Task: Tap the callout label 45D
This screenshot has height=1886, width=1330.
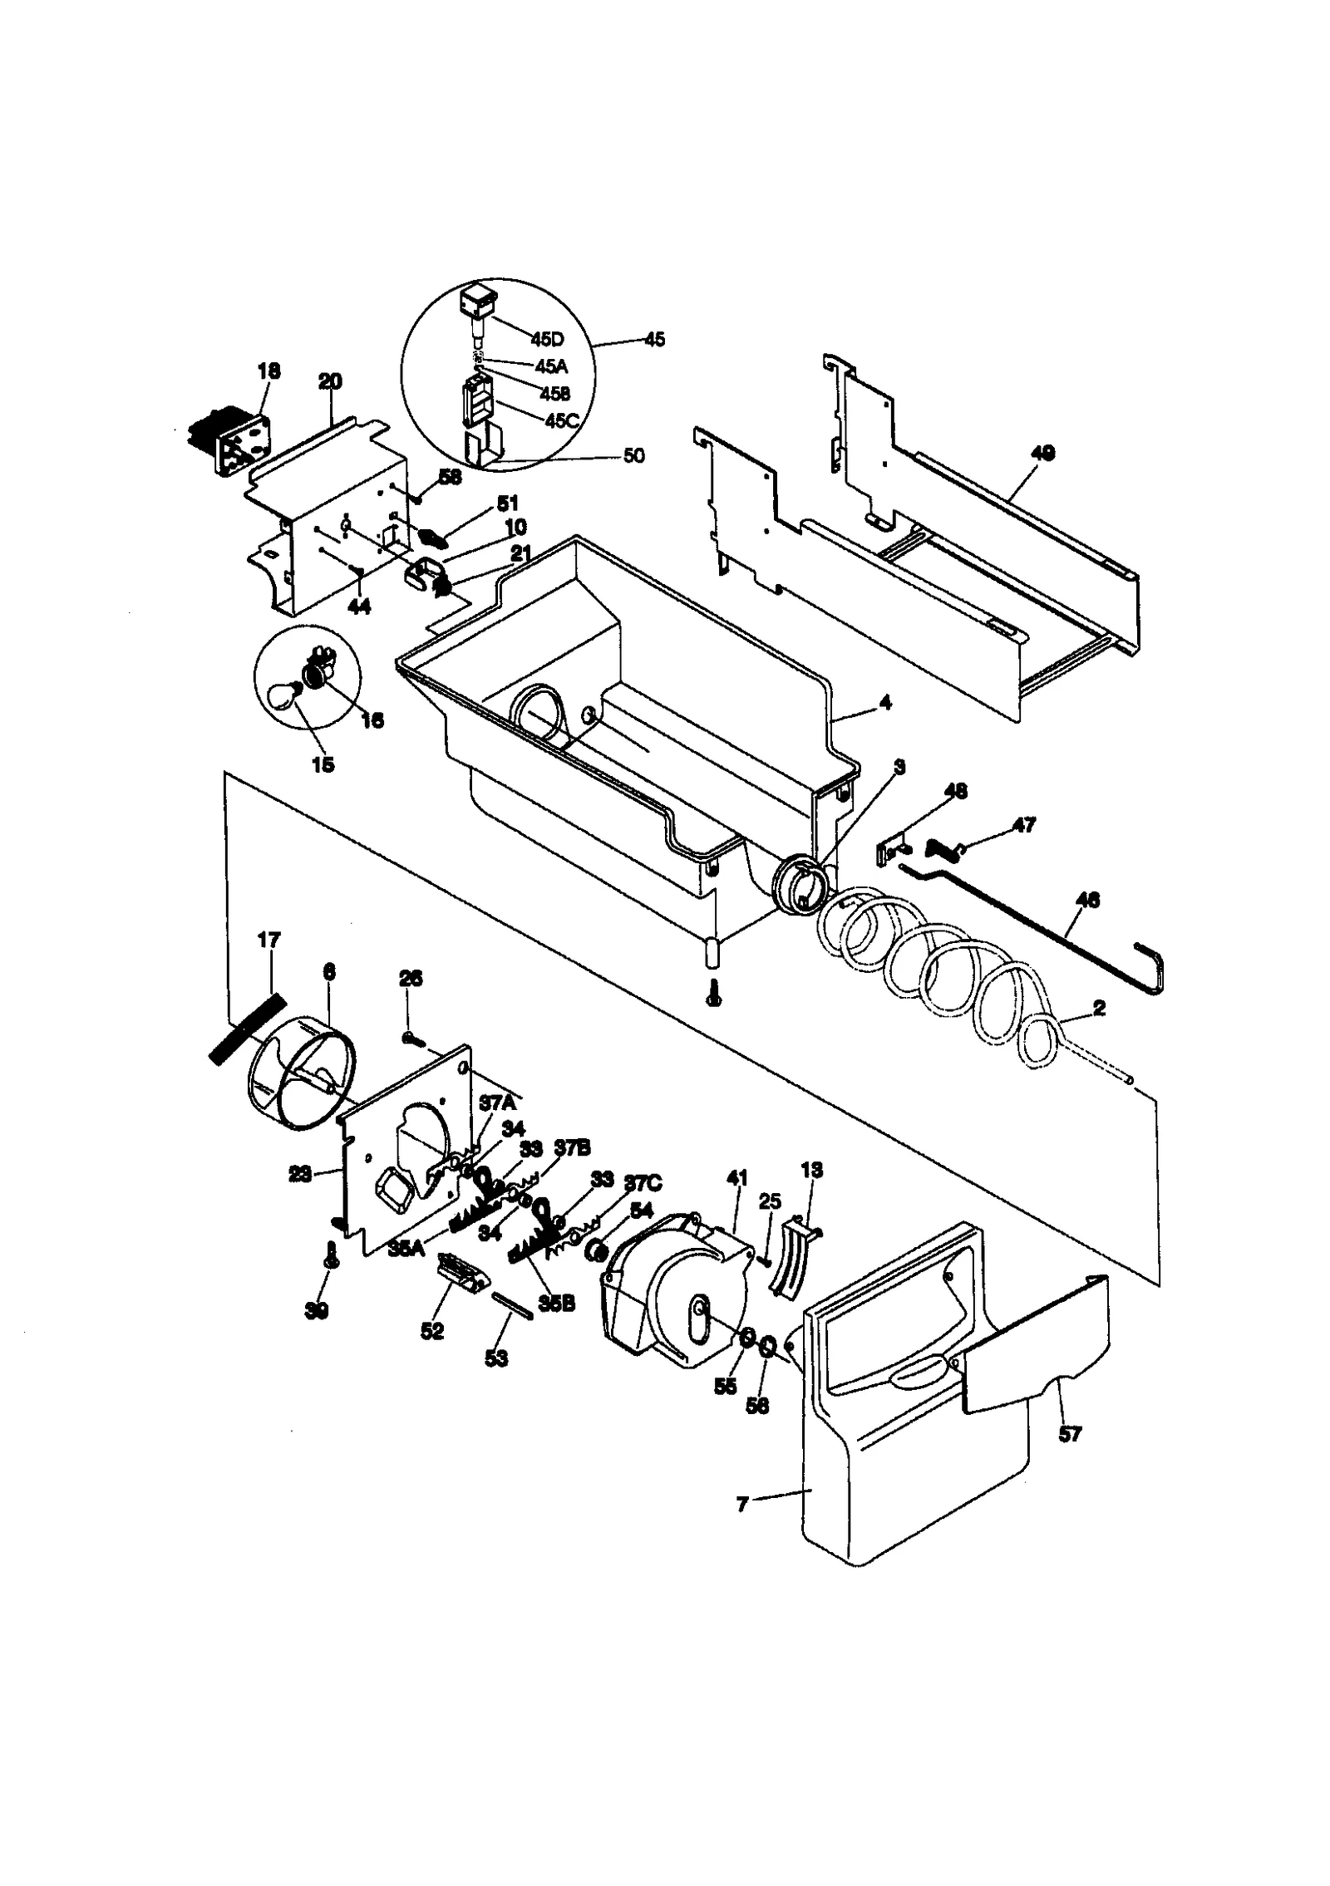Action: tap(547, 339)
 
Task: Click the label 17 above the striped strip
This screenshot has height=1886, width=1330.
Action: tap(269, 940)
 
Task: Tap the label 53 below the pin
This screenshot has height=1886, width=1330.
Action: tap(496, 1358)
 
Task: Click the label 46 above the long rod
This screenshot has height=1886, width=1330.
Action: tap(1088, 899)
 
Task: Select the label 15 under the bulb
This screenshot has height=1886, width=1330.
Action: tap(323, 764)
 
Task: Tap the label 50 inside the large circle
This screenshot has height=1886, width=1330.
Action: tap(633, 456)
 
